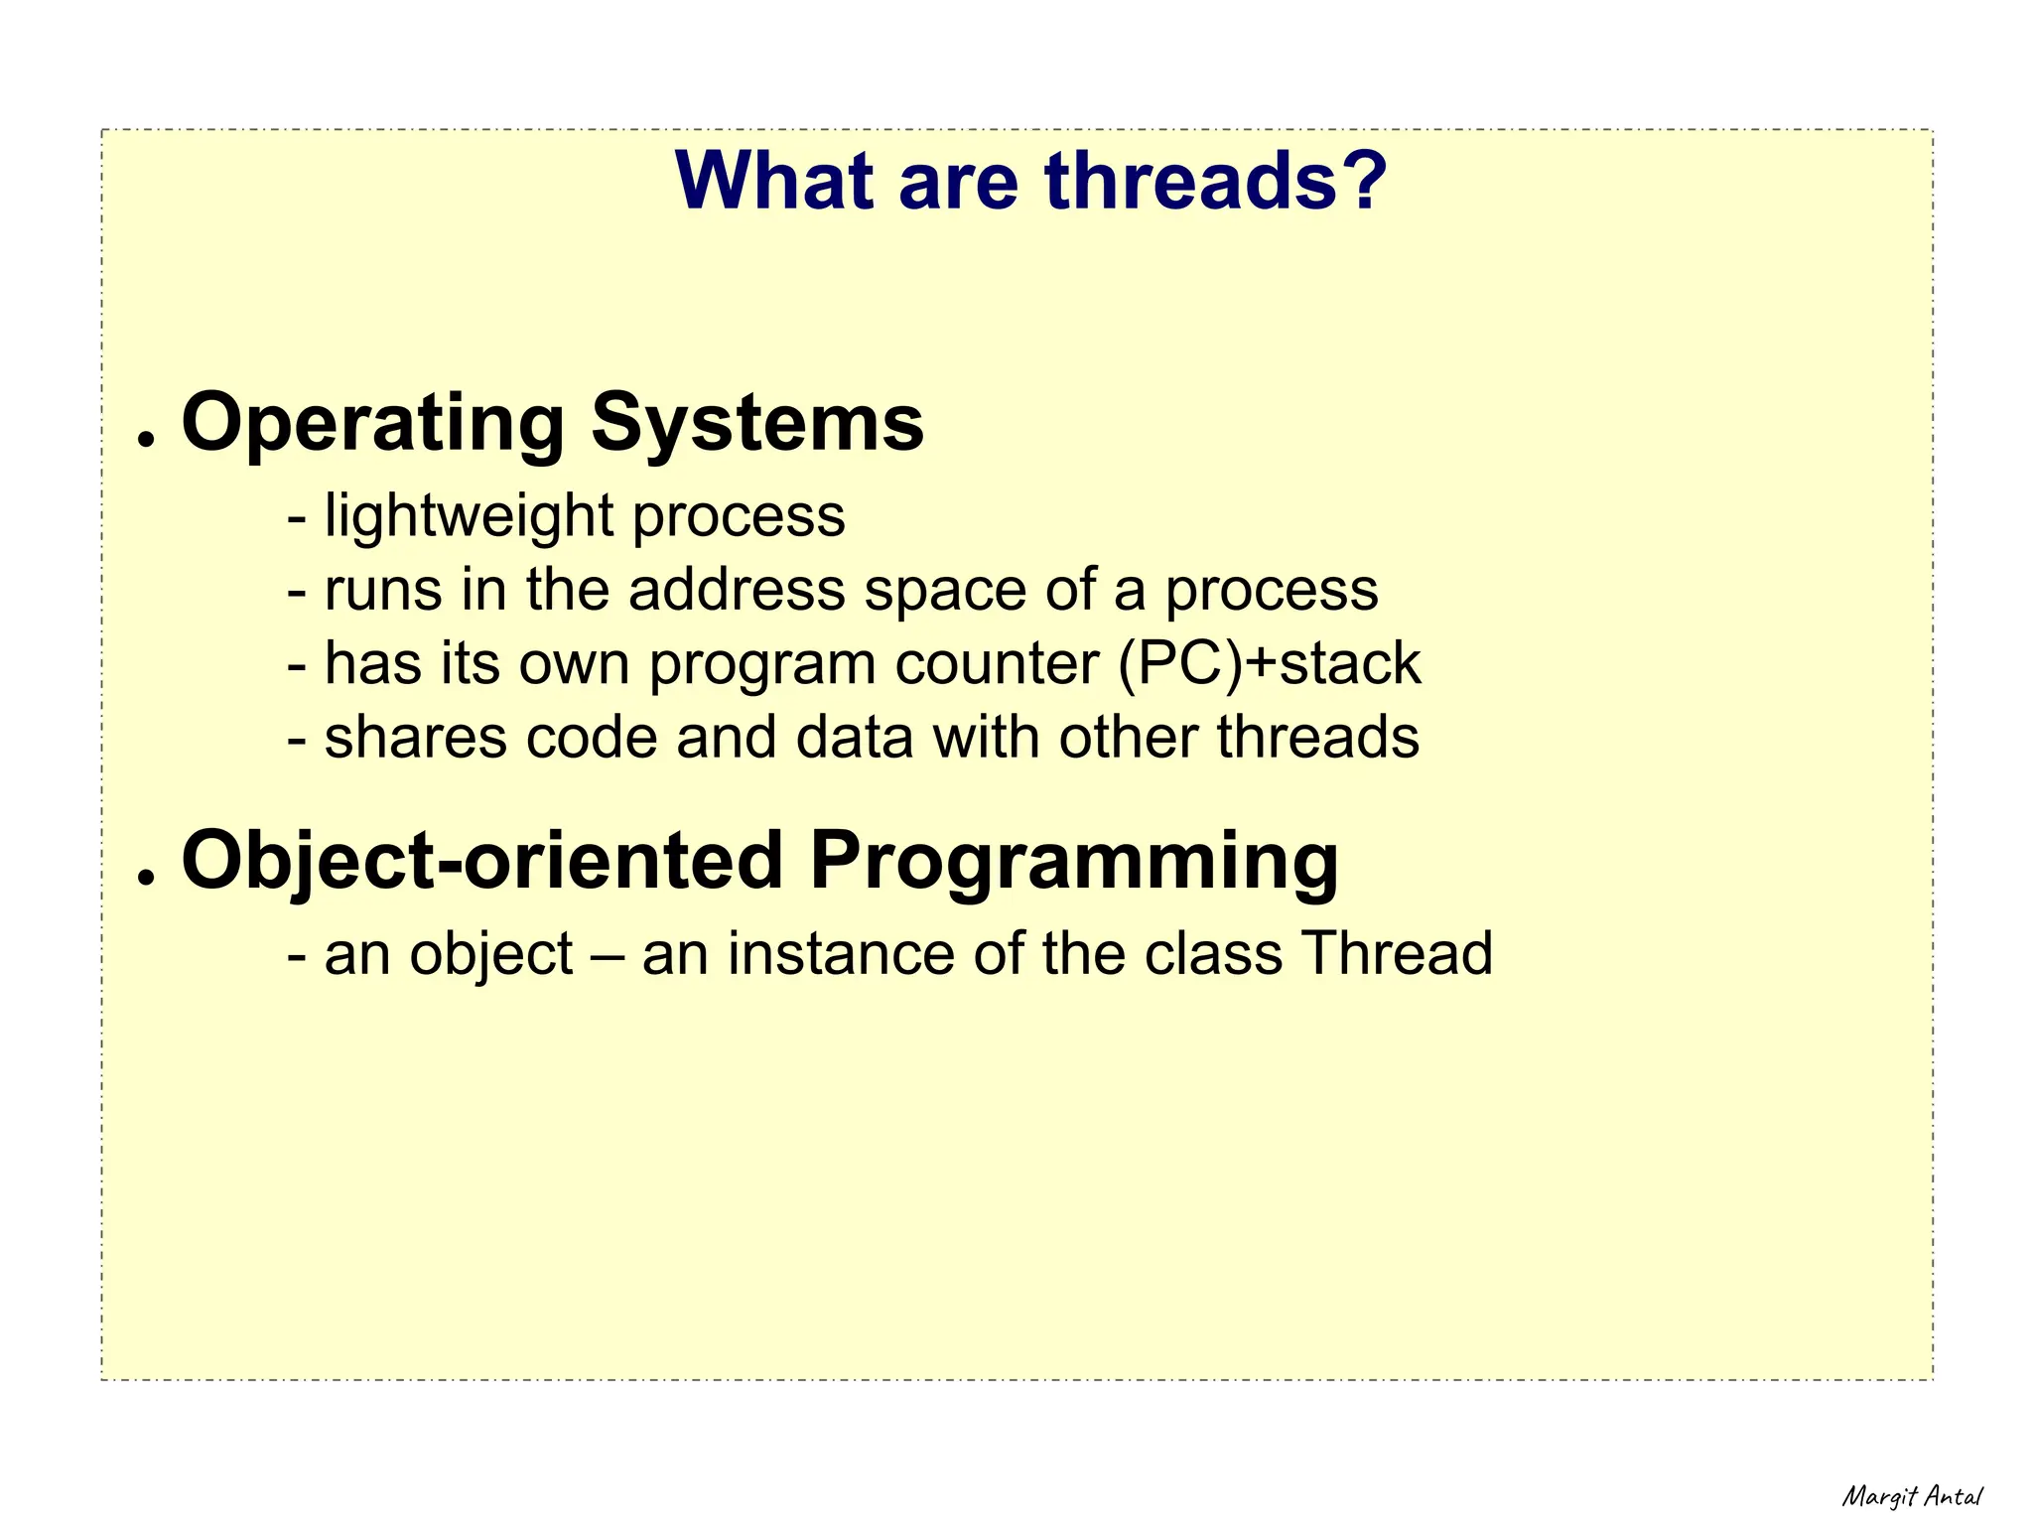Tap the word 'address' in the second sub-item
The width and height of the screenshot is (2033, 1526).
click(x=737, y=590)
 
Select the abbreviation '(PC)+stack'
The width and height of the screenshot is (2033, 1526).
click(x=1270, y=664)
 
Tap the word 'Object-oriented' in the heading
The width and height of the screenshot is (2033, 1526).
click(x=482, y=861)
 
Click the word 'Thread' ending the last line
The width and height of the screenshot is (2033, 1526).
click(x=1397, y=954)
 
